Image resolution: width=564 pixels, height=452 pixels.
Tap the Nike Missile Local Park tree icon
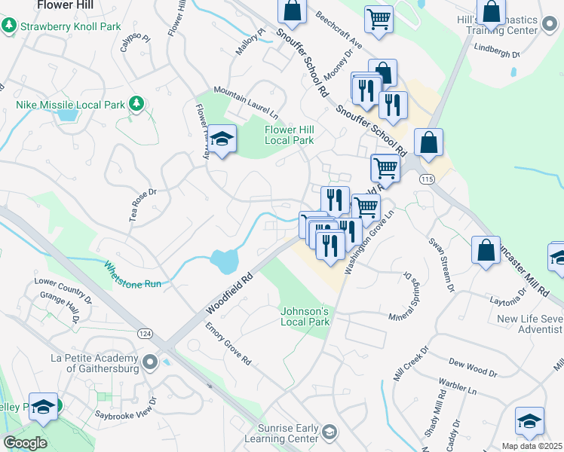tap(136, 104)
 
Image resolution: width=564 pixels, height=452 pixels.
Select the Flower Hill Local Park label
tap(289, 135)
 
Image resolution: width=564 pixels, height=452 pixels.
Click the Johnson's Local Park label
tap(305, 316)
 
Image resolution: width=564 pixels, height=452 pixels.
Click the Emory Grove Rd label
tap(228, 344)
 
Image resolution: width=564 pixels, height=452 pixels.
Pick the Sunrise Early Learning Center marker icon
tap(329, 432)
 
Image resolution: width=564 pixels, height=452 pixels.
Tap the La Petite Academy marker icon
tap(151, 363)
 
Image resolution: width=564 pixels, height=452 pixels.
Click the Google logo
tap(24, 443)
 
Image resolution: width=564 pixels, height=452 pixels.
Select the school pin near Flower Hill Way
tap(222, 139)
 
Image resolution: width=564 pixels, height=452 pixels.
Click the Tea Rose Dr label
tap(143, 204)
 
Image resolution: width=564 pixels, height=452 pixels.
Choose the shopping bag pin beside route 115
tap(428, 143)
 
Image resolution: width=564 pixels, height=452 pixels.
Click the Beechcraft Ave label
tap(339, 30)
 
